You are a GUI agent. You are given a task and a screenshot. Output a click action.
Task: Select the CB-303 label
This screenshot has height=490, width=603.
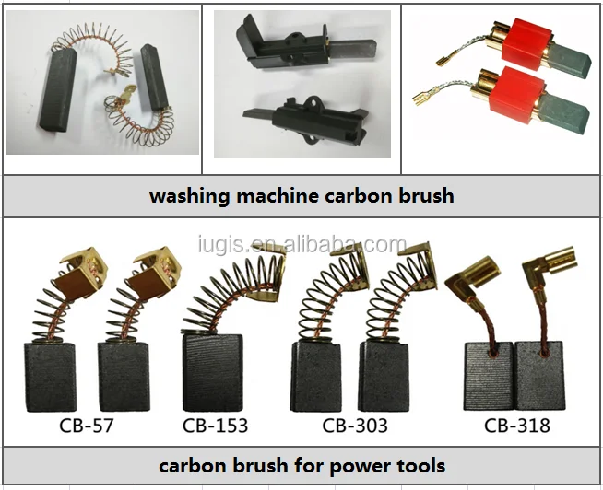pyautogui.click(x=355, y=426)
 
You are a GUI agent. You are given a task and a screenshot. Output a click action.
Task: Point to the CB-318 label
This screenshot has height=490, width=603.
pyautogui.click(x=517, y=426)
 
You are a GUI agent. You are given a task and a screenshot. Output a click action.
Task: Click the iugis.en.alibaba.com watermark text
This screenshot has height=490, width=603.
pyautogui.click(x=301, y=245)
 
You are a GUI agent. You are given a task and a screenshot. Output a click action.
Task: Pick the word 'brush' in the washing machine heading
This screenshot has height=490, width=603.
pyautogui.click(x=427, y=196)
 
